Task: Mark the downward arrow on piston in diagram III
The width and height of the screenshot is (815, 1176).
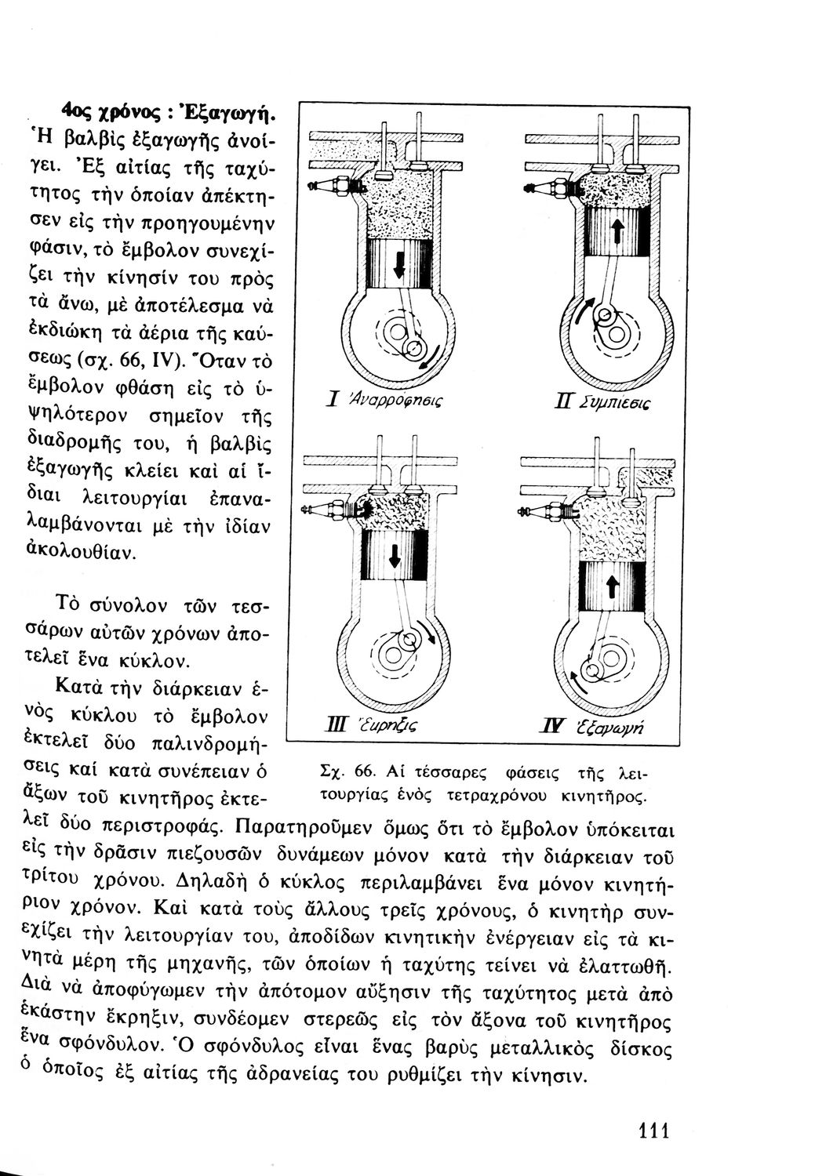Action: (395, 554)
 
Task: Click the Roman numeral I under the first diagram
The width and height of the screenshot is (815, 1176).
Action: (334, 400)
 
